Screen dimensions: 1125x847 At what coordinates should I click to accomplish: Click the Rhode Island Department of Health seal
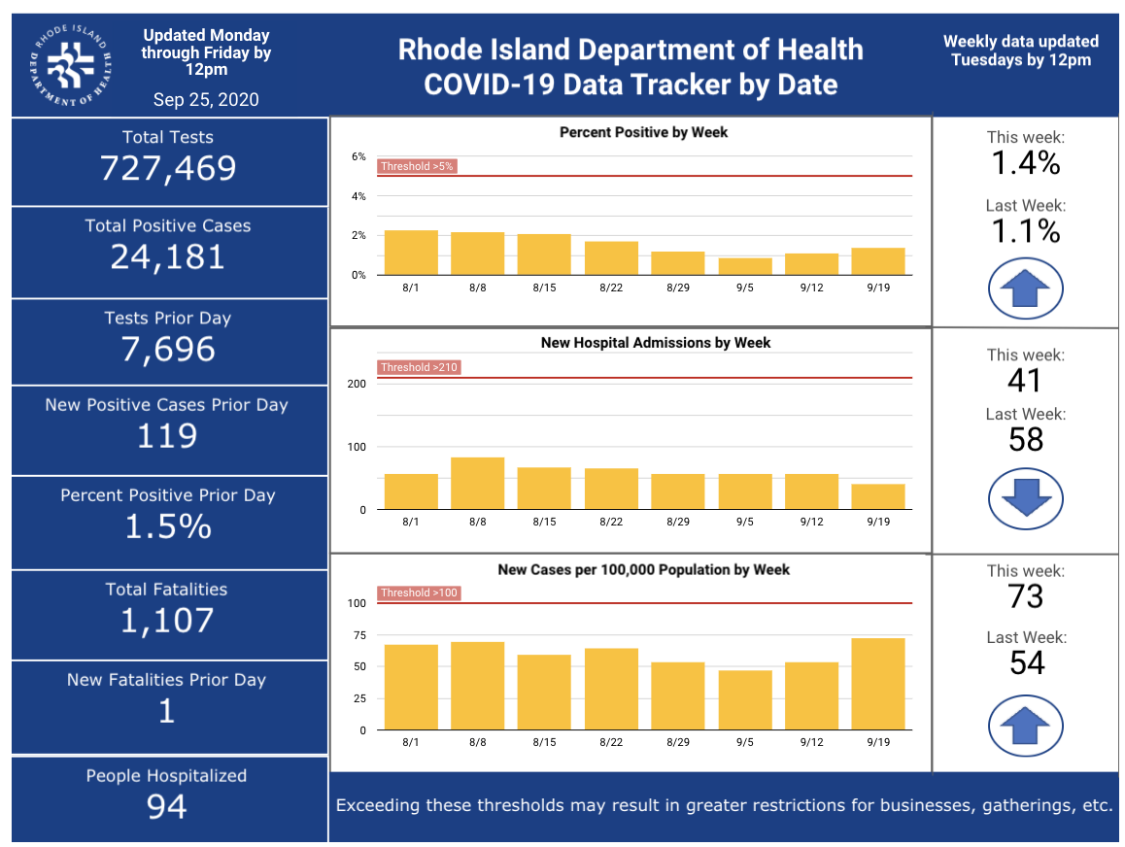pyautogui.click(x=70, y=65)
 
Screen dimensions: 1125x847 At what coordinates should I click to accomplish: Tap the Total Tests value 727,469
pyautogui.click(x=168, y=169)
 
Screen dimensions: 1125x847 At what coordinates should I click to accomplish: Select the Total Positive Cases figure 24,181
pyautogui.click(x=168, y=257)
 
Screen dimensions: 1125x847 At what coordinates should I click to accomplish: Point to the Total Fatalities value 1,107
pyautogui.click(x=167, y=621)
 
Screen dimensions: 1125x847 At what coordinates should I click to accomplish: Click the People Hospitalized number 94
pyautogui.click(x=166, y=806)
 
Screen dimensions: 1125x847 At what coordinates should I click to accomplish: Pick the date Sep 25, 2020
pyautogui.click(x=206, y=100)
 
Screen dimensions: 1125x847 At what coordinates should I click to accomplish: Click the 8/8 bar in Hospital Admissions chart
pyautogui.click(x=478, y=484)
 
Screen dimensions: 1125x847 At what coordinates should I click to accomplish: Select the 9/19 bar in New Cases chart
pyautogui.click(x=878, y=684)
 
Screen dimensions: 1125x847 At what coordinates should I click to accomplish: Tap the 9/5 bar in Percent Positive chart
pyautogui.click(x=745, y=267)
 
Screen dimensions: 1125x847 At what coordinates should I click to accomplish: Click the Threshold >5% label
pyautogui.click(x=417, y=166)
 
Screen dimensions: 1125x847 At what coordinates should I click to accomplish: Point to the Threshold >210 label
pyautogui.click(x=419, y=367)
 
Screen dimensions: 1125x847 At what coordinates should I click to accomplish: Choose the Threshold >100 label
pyautogui.click(x=419, y=593)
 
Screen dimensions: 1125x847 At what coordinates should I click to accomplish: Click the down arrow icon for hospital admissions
pyautogui.click(x=1026, y=499)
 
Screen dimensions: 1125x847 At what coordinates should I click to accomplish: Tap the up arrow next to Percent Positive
pyautogui.click(x=1026, y=288)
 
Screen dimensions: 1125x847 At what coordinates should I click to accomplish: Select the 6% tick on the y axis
pyautogui.click(x=358, y=156)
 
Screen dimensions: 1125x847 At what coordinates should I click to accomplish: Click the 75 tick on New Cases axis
pyautogui.click(x=359, y=635)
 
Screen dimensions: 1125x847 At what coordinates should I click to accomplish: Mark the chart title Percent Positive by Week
pyautogui.click(x=643, y=133)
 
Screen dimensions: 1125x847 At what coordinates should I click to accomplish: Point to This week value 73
pyautogui.click(x=1026, y=596)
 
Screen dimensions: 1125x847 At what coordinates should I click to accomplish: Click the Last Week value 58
pyautogui.click(x=1026, y=440)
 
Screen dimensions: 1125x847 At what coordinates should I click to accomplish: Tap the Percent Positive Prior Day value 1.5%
pyautogui.click(x=168, y=527)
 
